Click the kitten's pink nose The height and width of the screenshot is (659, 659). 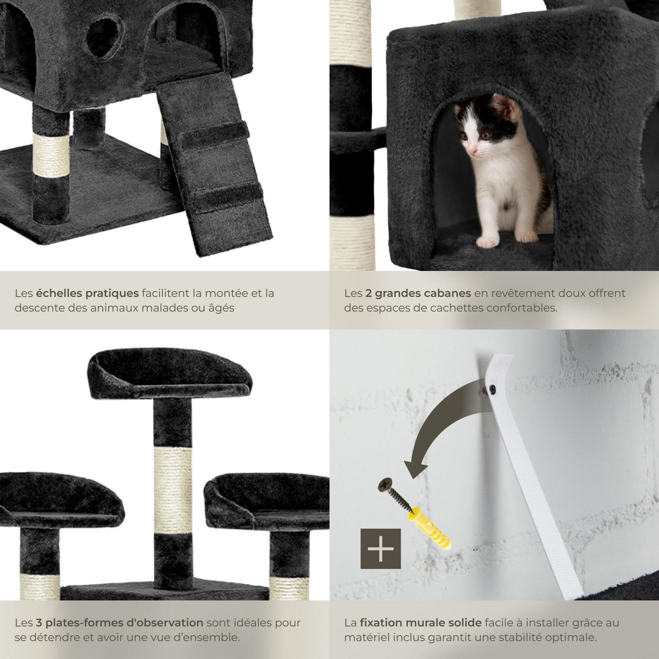click(x=473, y=150)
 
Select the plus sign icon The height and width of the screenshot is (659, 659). click(x=381, y=550)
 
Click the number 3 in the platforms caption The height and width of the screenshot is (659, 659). click(x=39, y=623)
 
